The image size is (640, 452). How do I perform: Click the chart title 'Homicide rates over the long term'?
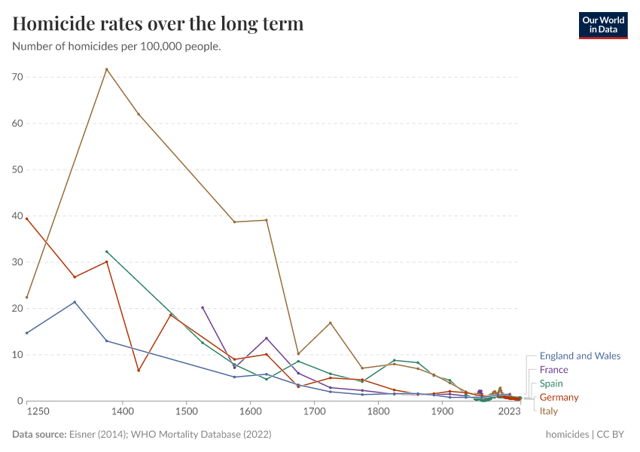point(158,24)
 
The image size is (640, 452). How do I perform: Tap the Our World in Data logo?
point(602,25)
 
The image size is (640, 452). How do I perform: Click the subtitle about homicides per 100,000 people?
point(117,47)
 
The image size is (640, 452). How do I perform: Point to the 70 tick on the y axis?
point(17,77)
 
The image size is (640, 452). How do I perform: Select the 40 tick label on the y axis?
point(17,216)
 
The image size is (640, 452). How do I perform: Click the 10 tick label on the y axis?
point(17,355)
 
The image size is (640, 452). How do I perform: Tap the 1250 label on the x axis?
point(38,412)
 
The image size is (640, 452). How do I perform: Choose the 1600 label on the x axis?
point(251,412)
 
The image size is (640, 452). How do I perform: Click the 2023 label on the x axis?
point(510,412)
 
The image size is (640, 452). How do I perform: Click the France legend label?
point(553,370)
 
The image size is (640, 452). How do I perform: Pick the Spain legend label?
point(552,383)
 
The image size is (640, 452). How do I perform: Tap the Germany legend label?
point(559,397)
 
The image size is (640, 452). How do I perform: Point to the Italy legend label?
point(548,411)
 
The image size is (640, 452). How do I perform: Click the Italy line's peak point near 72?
point(106,69)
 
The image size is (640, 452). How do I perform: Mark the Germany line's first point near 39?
point(27,218)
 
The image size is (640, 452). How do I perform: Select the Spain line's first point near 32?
point(106,252)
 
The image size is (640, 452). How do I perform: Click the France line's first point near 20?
point(203,307)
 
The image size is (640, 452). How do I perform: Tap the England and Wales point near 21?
point(75,302)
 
